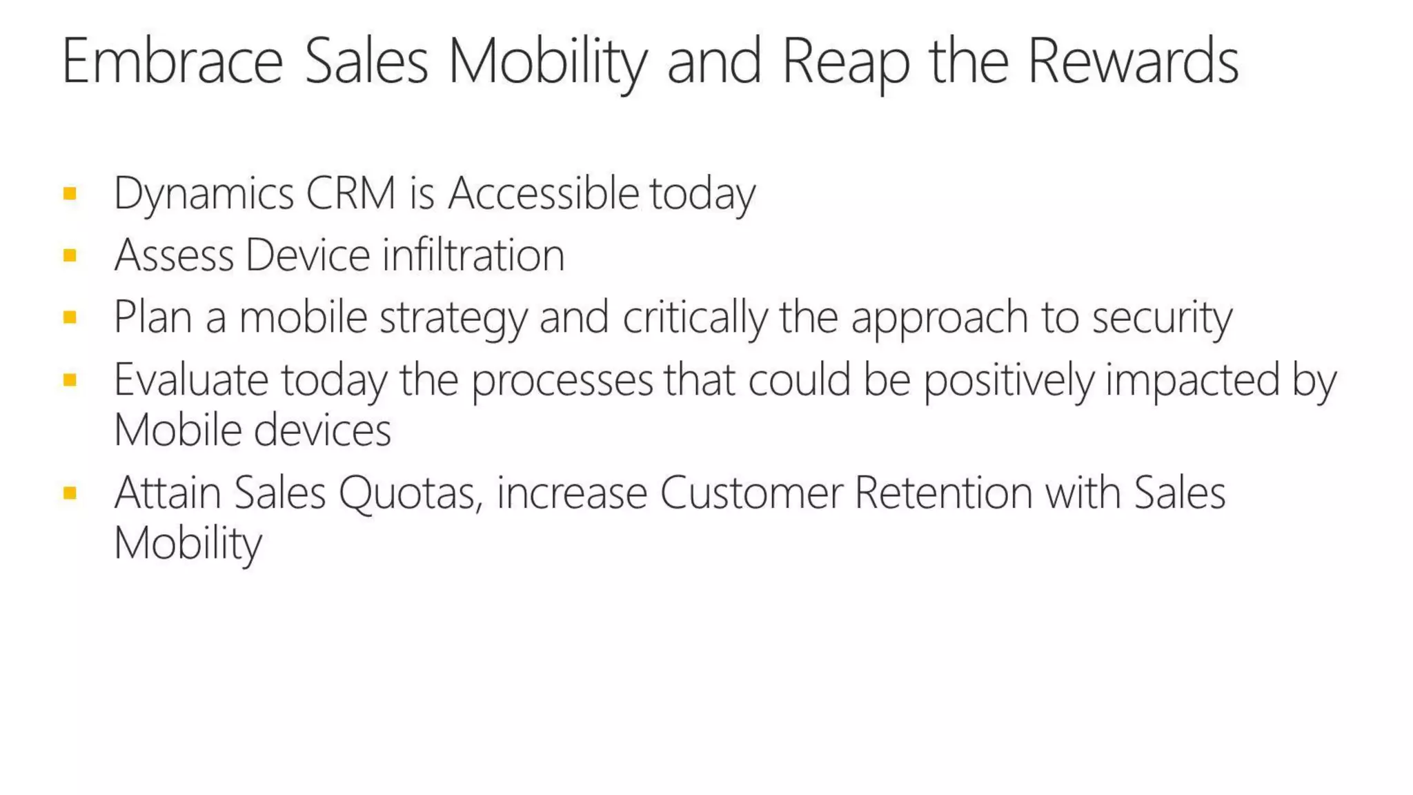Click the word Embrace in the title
172,62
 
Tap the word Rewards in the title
1133,62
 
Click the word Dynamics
204,194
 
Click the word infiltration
473,255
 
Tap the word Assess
174,255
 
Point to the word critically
695,317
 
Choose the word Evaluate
191,380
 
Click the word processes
562,382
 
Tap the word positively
1009,382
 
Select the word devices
322,431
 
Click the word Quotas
411,494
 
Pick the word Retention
944,493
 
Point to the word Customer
751,493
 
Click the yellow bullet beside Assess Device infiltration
70,256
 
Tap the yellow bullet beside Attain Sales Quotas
70,493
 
